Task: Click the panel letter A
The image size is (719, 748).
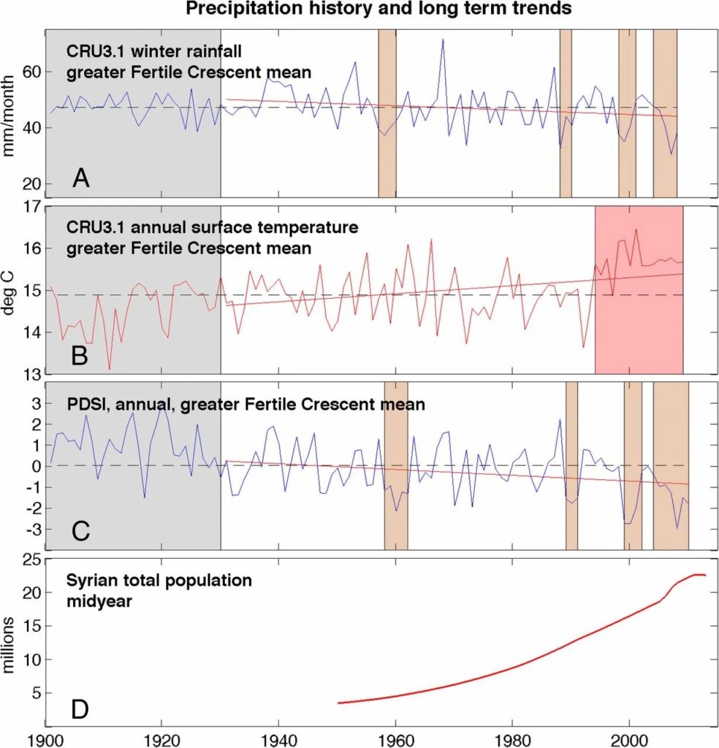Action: pyautogui.click(x=80, y=178)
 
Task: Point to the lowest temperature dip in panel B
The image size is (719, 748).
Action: pyautogui.click(x=110, y=369)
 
